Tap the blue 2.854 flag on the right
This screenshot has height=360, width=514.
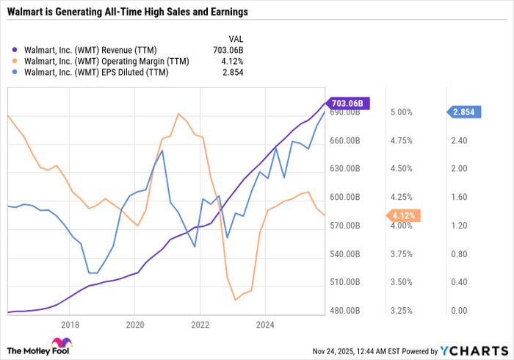click(464, 112)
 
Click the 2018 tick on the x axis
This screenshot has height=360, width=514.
click(70, 324)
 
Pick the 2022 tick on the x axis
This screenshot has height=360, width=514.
click(200, 324)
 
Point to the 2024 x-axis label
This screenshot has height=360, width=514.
click(265, 324)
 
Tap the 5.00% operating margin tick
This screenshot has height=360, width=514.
click(401, 112)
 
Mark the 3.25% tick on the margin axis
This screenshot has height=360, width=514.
click(401, 311)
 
